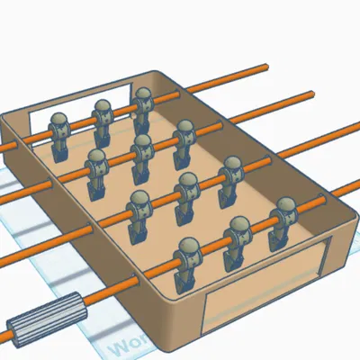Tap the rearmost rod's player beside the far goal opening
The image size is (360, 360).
coord(59,135)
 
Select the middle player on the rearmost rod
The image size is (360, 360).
coord(103,121)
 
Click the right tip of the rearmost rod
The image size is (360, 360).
coord(267,64)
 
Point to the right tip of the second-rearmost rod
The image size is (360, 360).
coord(312,92)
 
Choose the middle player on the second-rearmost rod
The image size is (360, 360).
coord(142,154)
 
